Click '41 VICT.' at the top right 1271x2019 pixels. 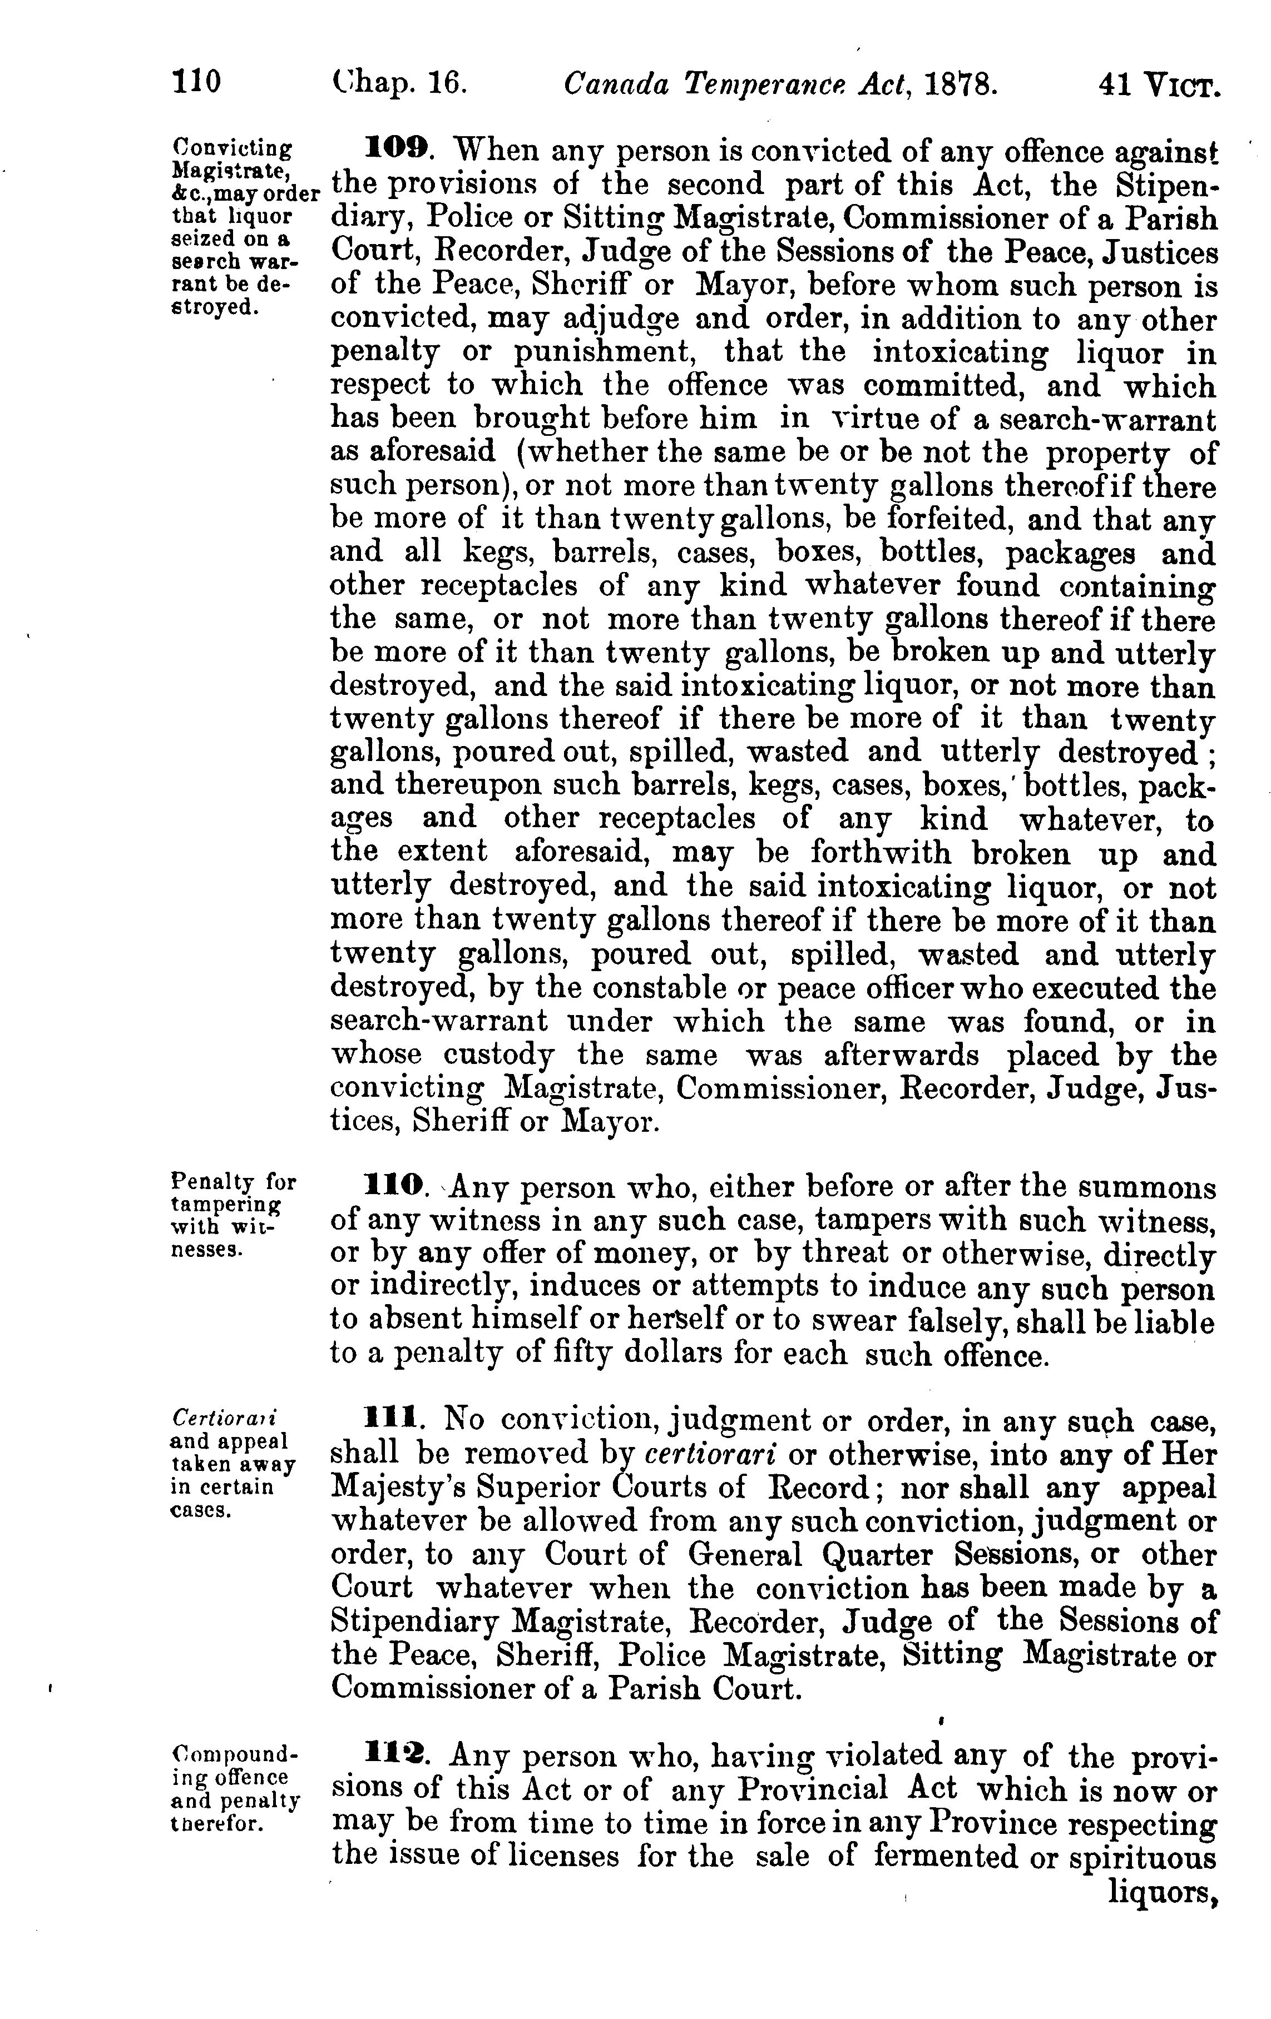[1157, 84]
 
